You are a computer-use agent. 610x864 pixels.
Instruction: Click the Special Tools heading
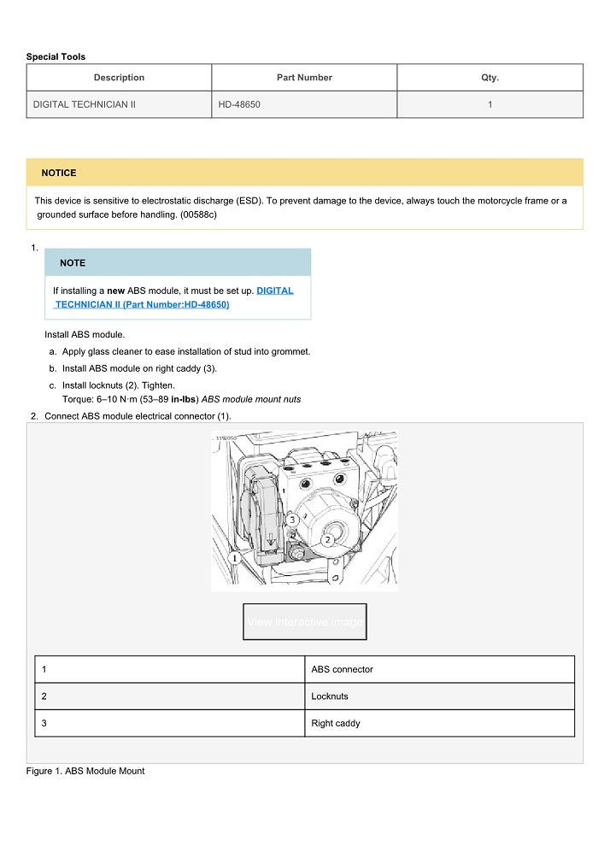[x=56, y=56]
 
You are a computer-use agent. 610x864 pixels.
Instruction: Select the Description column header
[x=119, y=78]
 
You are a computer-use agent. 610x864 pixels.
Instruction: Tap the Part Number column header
[x=304, y=78]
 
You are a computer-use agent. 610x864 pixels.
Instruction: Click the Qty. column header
[x=490, y=78]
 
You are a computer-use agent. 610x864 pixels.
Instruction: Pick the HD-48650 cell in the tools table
[x=239, y=104]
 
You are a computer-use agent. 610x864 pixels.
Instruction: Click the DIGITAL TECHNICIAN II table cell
[x=85, y=104]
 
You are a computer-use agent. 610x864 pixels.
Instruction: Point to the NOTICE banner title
[x=59, y=173]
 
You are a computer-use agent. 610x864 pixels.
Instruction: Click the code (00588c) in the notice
[x=198, y=215]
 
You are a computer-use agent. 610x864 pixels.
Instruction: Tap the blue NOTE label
[x=73, y=263]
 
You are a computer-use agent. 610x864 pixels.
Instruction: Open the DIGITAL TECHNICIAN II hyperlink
[x=274, y=291]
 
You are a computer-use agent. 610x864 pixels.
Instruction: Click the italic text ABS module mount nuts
[x=250, y=399]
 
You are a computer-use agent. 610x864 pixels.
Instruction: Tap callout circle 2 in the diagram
[x=326, y=539]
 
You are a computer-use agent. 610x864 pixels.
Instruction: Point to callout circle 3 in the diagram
[x=291, y=520]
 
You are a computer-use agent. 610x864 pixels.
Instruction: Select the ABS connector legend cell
[x=342, y=669]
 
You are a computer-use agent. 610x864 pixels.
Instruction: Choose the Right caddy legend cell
[x=336, y=723]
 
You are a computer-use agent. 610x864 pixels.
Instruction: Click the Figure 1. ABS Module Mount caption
[x=85, y=771]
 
